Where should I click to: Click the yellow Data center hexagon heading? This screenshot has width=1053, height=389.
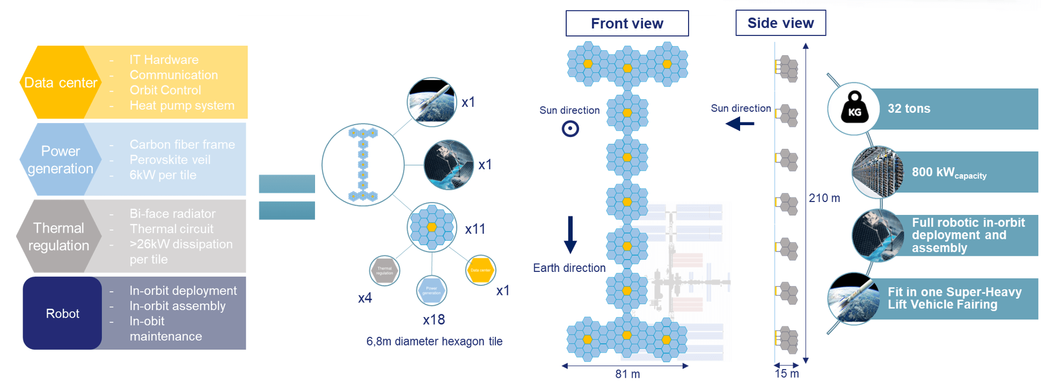pyautogui.click(x=61, y=83)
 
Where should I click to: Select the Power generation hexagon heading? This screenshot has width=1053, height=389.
pyautogui.click(x=60, y=160)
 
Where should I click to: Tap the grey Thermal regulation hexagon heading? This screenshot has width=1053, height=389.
pyautogui.click(x=58, y=236)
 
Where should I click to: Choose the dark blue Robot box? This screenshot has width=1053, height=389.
pyautogui.click(x=62, y=313)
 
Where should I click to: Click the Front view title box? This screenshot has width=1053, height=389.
pyautogui.click(x=627, y=24)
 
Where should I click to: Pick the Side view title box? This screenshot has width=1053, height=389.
pyautogui.click(x=780, y=23)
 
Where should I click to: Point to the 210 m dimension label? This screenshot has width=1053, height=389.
pyautogui.click(x=824, y=198)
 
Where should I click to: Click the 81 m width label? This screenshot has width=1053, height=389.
pyautogui.click(x=627, y=374)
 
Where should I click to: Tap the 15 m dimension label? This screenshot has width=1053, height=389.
pyautogui.click(x=787, y=373)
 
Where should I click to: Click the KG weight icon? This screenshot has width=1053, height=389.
pyautogui.click(x=854, y=109)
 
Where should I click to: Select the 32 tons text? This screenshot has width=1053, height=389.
pyautogui.click(x=909, y=109)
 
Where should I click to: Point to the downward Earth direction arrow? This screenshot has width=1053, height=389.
pyautogui.click(x=570, y=234)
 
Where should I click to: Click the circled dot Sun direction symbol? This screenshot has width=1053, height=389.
pyautogui.click(x=570, y=129)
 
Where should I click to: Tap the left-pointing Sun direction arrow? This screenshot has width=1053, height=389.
pyautogui.click(x=740, y=124)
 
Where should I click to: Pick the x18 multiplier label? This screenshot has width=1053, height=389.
pyautogui.click(x=434, y=320)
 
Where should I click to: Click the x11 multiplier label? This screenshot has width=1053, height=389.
pyautogui.click(x=475, y=229)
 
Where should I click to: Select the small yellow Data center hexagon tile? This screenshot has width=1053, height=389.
pyautogui.click(x=480, y=270)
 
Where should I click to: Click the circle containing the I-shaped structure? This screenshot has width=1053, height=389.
pyautogui.click(x=363, y=165)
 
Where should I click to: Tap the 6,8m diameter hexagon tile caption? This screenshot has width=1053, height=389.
pyautogui.click(x=434, y=342)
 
